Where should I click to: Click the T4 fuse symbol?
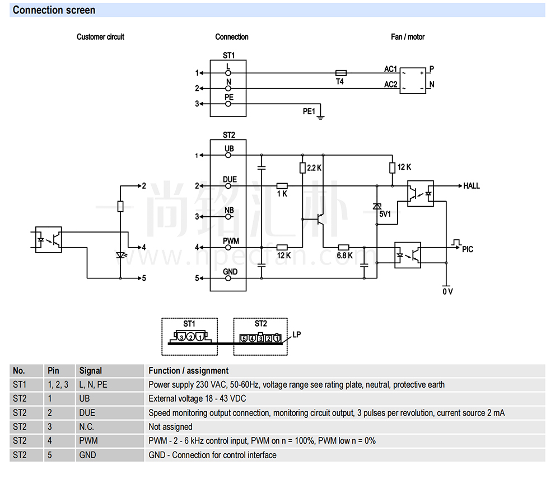click(x=340, y=73)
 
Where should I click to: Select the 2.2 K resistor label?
click(x=314, y=168)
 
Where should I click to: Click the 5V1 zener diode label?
click(x=385, y=214)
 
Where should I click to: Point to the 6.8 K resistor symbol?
click(x=343, y=247)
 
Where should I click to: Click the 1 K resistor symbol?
click(x=282, y=186)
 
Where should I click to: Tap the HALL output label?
click(x=472, y=186)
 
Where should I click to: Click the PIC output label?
click(x=468, y=249)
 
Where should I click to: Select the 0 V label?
click(x=447, y=292)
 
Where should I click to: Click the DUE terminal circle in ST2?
click(x=228, y=186)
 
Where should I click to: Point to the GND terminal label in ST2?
click(x=230, y=272)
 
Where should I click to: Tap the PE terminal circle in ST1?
click(x=228, y=104)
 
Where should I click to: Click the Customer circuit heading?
click(x=100, y=37)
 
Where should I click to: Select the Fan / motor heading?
click(x=408, y=37)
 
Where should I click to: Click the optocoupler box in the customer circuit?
click(x=49, y=240)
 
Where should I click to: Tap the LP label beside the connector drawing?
click(x=297, y=334)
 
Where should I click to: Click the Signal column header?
click(x=91, y=371)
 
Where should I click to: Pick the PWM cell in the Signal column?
click(x=88, y=441)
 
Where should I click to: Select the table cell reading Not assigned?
click(x=170, y=427)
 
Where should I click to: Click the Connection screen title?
click(x=54, y=10)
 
